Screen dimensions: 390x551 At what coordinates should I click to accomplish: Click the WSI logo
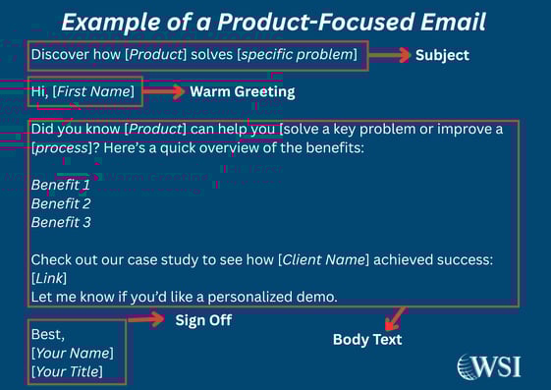pos(488,366)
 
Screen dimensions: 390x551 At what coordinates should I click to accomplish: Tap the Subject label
pos(442,56)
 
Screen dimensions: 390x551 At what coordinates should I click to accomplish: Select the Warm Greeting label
pos(242,91)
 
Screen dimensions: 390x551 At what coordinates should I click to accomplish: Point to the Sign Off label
pos(203,319)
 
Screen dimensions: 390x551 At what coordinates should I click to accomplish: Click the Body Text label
pos(366,340)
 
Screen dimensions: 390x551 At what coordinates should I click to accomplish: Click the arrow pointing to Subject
pos(390,56)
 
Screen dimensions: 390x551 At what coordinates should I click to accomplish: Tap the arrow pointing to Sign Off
pos(146,319)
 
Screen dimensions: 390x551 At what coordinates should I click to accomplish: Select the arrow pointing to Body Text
pos(394,318)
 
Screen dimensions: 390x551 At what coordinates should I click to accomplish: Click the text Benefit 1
pos(61,185)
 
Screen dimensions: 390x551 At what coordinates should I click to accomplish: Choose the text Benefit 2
pos(61,203)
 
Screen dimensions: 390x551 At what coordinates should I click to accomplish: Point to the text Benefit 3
pos(61,223)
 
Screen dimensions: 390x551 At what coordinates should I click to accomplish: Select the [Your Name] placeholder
pos(72,353)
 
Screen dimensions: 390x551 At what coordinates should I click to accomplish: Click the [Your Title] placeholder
pos(67,371)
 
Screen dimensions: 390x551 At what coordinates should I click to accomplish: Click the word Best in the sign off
pos(47,334)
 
